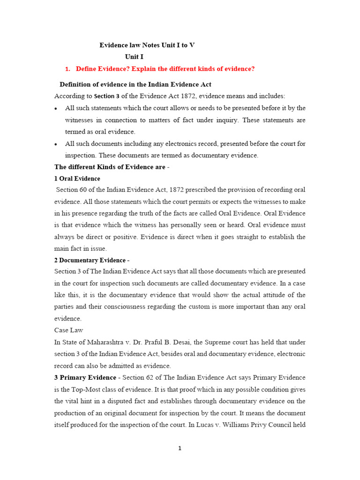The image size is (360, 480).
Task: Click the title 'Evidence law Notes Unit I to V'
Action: click(x=147, y=45)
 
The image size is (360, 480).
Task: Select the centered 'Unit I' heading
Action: click(x=134, y=57)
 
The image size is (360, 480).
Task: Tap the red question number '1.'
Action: click(x=67, y=69)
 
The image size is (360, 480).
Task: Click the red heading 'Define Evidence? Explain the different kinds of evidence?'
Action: click(x=165, y=69)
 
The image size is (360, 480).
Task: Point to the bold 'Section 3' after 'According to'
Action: click(x=107, y=97)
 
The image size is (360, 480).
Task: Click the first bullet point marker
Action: click(x=56, y=109)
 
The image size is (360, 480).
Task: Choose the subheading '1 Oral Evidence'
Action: click(x=77, y=179)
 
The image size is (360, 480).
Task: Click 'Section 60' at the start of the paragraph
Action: click(x=71, y=190)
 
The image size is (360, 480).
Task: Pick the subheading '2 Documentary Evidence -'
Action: click(x=92, y=260)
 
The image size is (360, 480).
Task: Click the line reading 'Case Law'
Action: click(x=68, y=330)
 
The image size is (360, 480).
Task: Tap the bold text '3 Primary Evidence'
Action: click(x=85, y=377)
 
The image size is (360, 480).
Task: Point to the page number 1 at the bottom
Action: click(x=180, y=448)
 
